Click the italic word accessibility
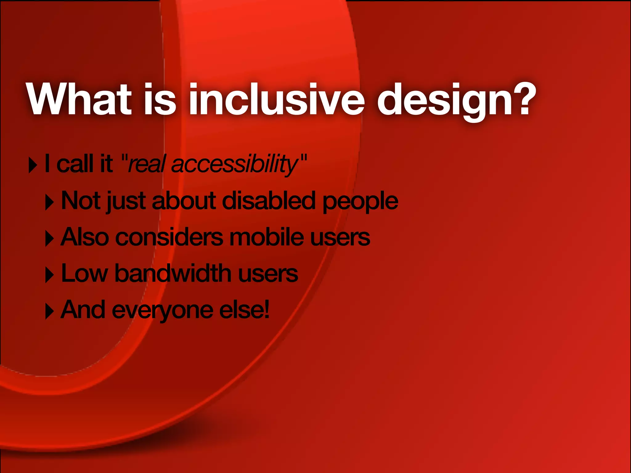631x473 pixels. pos(234,164)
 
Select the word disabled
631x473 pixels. pos(268,201)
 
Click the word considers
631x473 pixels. pos(169,238)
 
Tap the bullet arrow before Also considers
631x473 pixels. pos(49,239)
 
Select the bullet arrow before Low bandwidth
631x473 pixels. pos(49,275)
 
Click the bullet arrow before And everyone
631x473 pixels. pos(49,312)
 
